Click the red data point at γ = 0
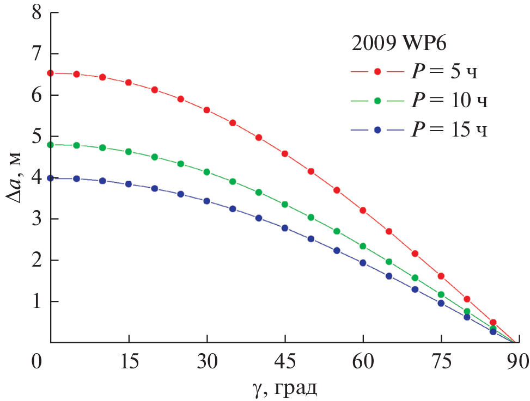(x=51, y=73)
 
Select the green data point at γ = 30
(x=206, y=172)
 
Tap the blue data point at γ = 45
(x=285, y=228)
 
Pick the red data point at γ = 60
(x=363, y=211)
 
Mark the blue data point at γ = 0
(x=51, y=178)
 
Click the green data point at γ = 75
(x=441, y=294)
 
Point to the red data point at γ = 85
(x=493, y=323)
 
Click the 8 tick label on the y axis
(x=36, y=13)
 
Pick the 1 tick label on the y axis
(x=36, y=301)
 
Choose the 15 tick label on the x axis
(x=129, y=362)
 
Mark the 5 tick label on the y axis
(x=36, y=136)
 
